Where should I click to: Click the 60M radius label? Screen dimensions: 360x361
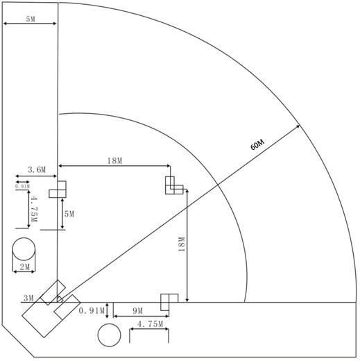point(257,144)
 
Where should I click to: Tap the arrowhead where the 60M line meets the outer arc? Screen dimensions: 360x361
point(298,126)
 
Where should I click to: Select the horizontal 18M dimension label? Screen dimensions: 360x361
point(114,160)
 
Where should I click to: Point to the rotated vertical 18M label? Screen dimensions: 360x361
point(182,244)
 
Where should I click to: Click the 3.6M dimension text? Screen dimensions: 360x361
point(37,170)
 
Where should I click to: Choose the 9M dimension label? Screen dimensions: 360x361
point(138,311)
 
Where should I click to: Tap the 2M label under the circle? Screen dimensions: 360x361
point(25,267)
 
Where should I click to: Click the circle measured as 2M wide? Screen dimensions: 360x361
point(24,249)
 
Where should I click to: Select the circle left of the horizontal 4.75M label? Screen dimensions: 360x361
point(109,335)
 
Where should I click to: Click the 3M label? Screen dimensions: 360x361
point(28,298)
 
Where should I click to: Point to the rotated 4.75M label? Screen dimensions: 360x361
point(34,209)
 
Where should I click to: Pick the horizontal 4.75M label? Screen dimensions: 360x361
point(151,324)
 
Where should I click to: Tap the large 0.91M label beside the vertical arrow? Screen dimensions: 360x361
point(92,310)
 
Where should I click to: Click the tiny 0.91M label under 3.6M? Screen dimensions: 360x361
point(22,186)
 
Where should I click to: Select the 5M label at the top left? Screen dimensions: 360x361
point(31,19)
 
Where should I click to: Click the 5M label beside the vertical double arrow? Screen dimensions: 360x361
point(69,214)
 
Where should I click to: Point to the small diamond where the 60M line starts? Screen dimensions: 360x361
point(60,299)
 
